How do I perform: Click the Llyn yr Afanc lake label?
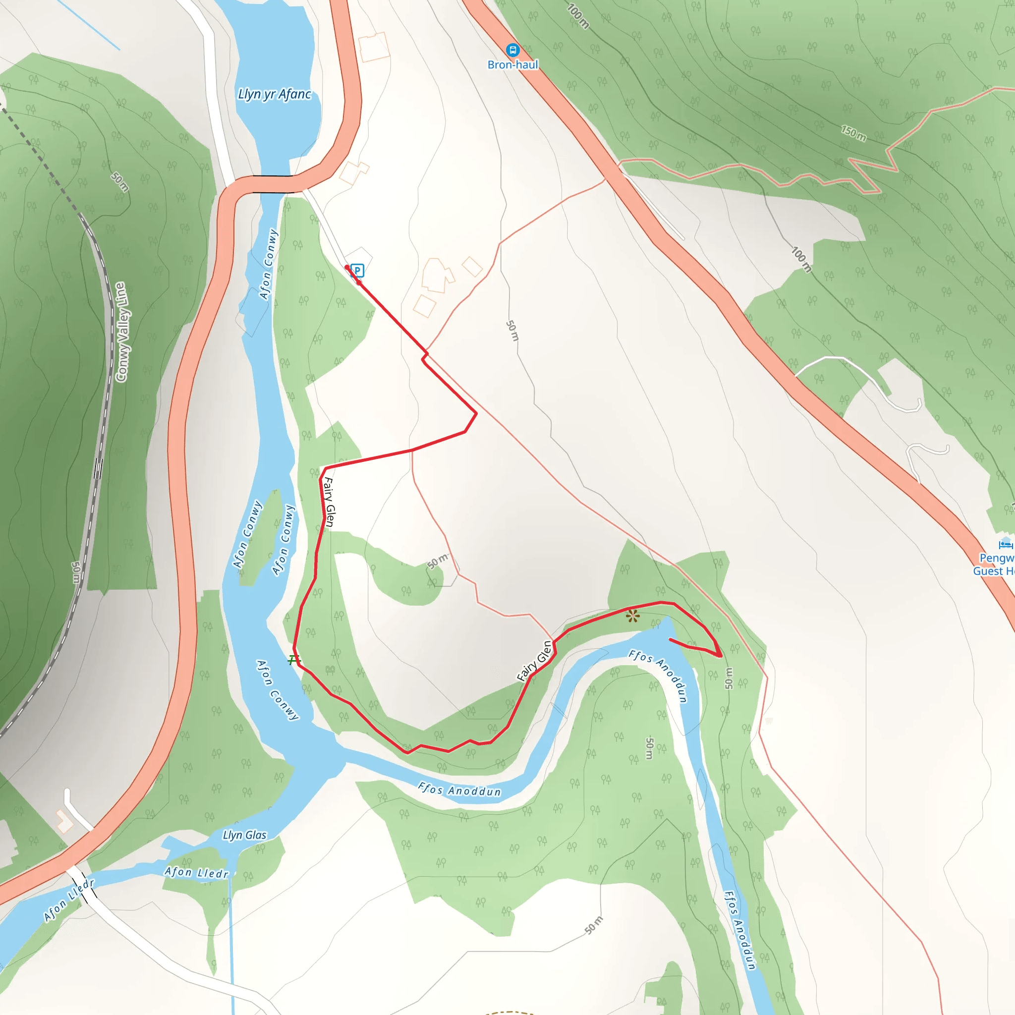point(274,95)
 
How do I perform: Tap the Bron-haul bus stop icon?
point(512,51)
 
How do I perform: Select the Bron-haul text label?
point(513,64)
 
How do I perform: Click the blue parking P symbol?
point(357,271)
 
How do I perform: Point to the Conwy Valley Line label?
point(121,332)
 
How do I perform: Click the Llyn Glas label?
point(244,835)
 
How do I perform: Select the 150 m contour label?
point(853,133)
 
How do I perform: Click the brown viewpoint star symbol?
point(632,616)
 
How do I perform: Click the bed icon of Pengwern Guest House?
point(1005,544)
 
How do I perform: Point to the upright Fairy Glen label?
point(329,502)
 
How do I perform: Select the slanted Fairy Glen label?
point(534,661)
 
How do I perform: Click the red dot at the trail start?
point(347,268)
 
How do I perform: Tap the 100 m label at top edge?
point(578,16)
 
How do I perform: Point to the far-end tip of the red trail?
point(671,639)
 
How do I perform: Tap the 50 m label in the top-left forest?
point(120,182)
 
